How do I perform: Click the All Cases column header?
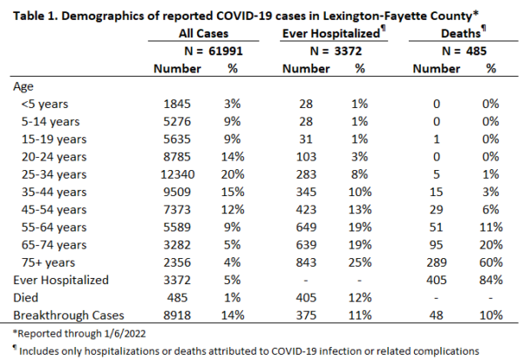click(x=203, y=33)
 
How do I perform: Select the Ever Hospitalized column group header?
click(x=331, y=33)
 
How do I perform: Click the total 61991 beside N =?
click(x=226, y=51)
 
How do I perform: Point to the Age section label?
click(x=24, y=87)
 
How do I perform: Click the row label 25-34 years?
click(x=54, y=174)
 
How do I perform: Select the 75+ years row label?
click(x=48, y=262)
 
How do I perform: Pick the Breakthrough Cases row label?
click(x=69, y=316)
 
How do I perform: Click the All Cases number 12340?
click(x=178, y=174)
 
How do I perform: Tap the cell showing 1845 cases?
click(x=177, y=104)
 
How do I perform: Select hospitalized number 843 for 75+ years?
click(x=306, y=262)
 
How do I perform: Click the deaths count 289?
click(x=437, y=262)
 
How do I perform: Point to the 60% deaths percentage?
click(x=491, y=262)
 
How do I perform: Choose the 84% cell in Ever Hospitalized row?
click(x=491, y=280)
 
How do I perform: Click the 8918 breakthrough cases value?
click(x=177, y=316)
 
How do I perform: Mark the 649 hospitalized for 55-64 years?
click(x=306, y=228)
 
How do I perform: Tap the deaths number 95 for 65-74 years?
click(x=437, y=245)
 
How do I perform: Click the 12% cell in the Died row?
click(x=360, y=297)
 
